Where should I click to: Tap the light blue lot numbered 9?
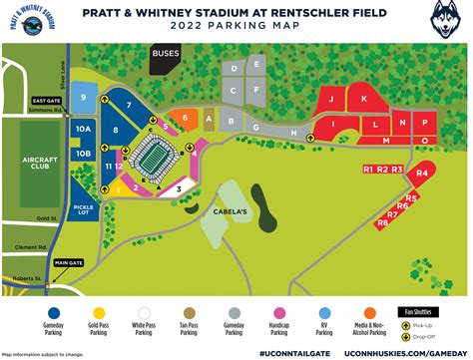85,99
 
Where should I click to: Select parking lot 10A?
84,130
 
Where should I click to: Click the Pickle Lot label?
84,210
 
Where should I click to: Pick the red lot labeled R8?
383,223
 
